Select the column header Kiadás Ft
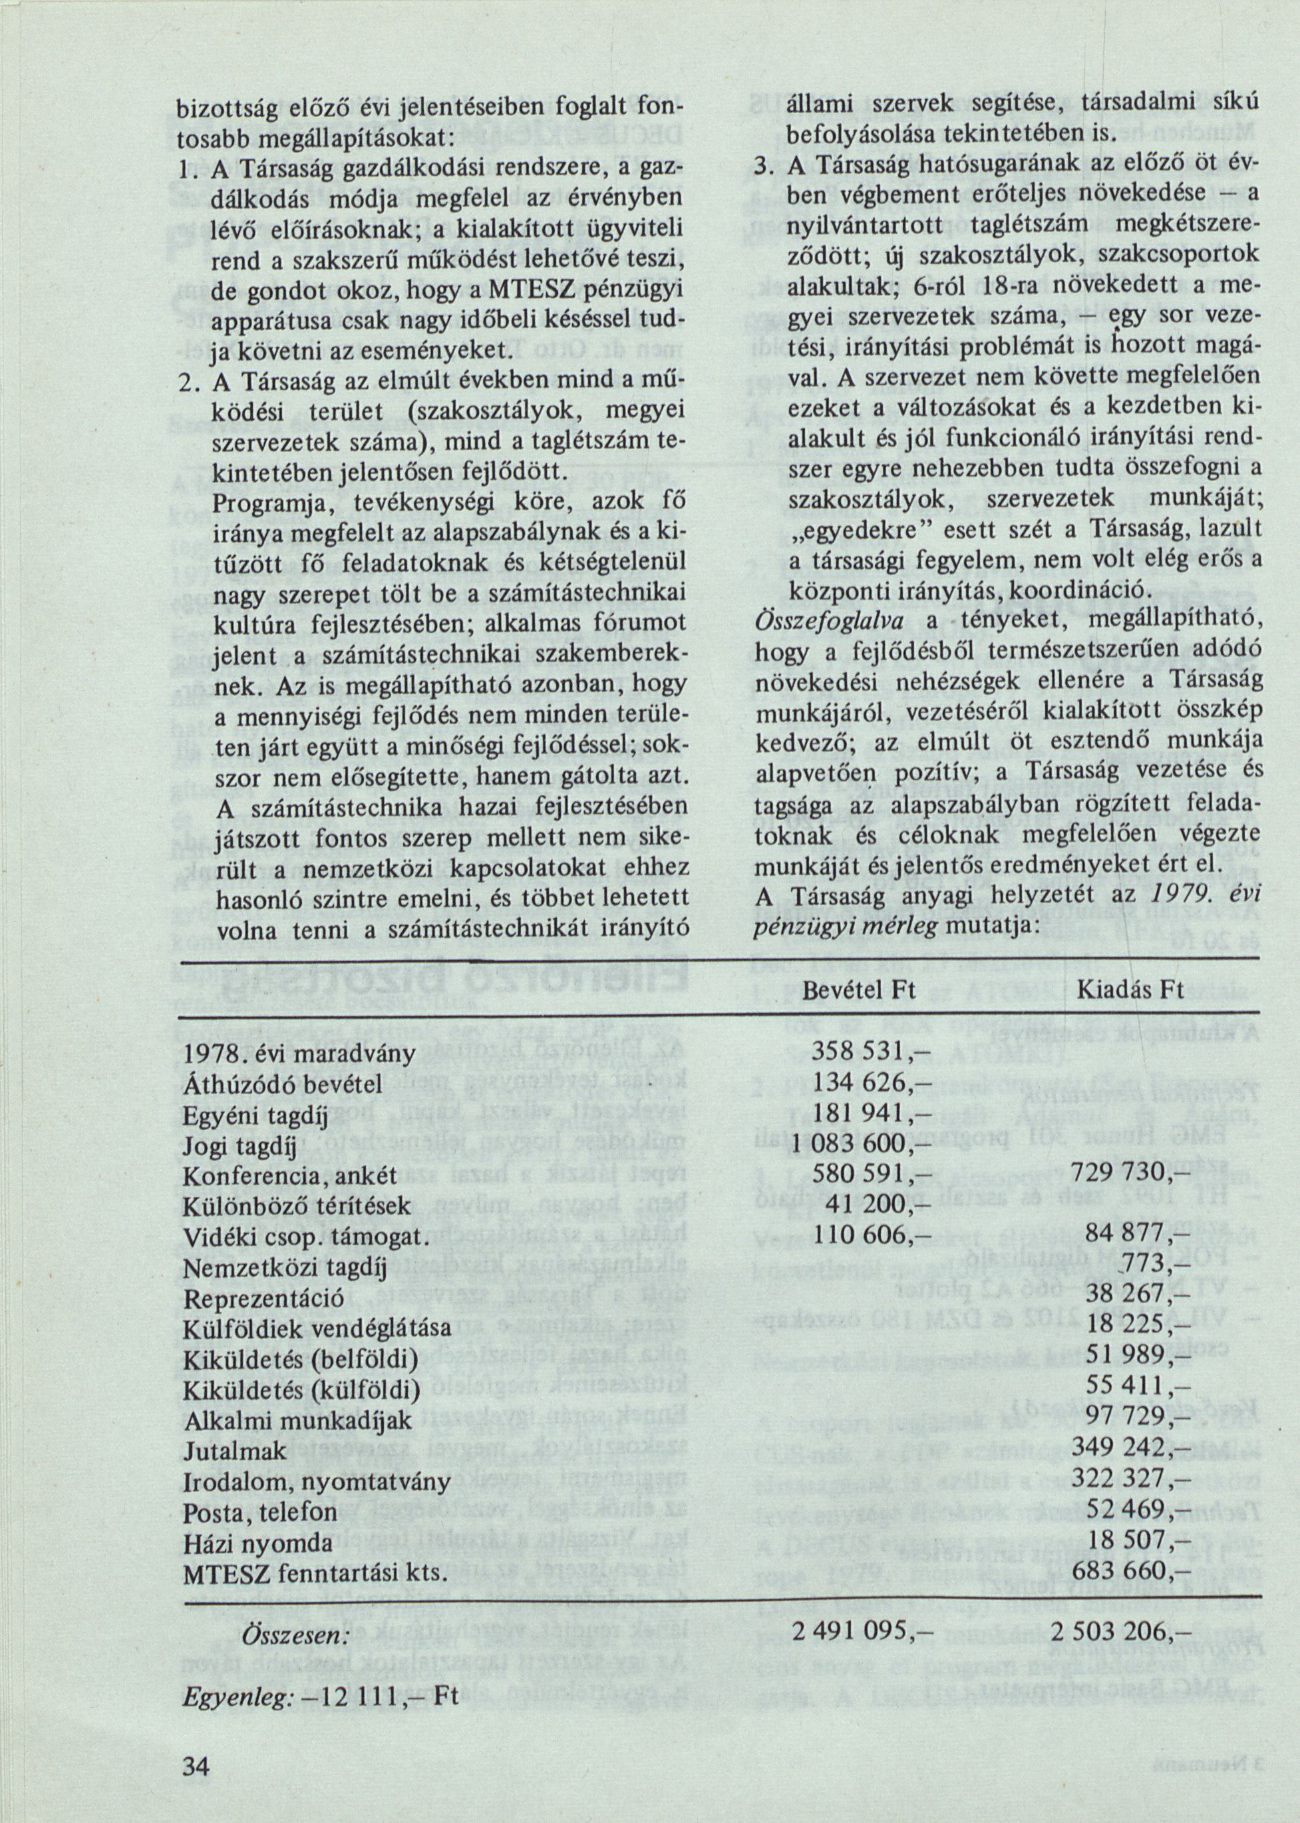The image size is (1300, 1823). point(1130,990)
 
